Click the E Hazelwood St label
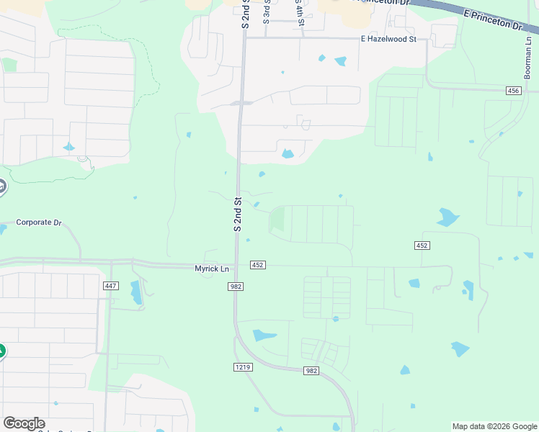[388, 39]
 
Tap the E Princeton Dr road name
[493, 20]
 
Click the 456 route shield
[513, 90]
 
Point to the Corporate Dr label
[39, 222]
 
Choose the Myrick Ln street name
[211, 269]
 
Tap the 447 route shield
[110, 286]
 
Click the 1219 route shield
[242, 367]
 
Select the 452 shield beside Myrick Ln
[257, 265]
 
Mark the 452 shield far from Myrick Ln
[422, 246]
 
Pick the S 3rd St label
[267, 12]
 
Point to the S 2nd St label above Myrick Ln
[236, 214]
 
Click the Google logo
[24, 423]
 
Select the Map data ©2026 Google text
[494, 426]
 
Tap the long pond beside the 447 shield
[136, 292]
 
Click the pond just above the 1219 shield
[264, 336]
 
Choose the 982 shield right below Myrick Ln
[236, 287]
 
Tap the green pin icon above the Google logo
[1, 351]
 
